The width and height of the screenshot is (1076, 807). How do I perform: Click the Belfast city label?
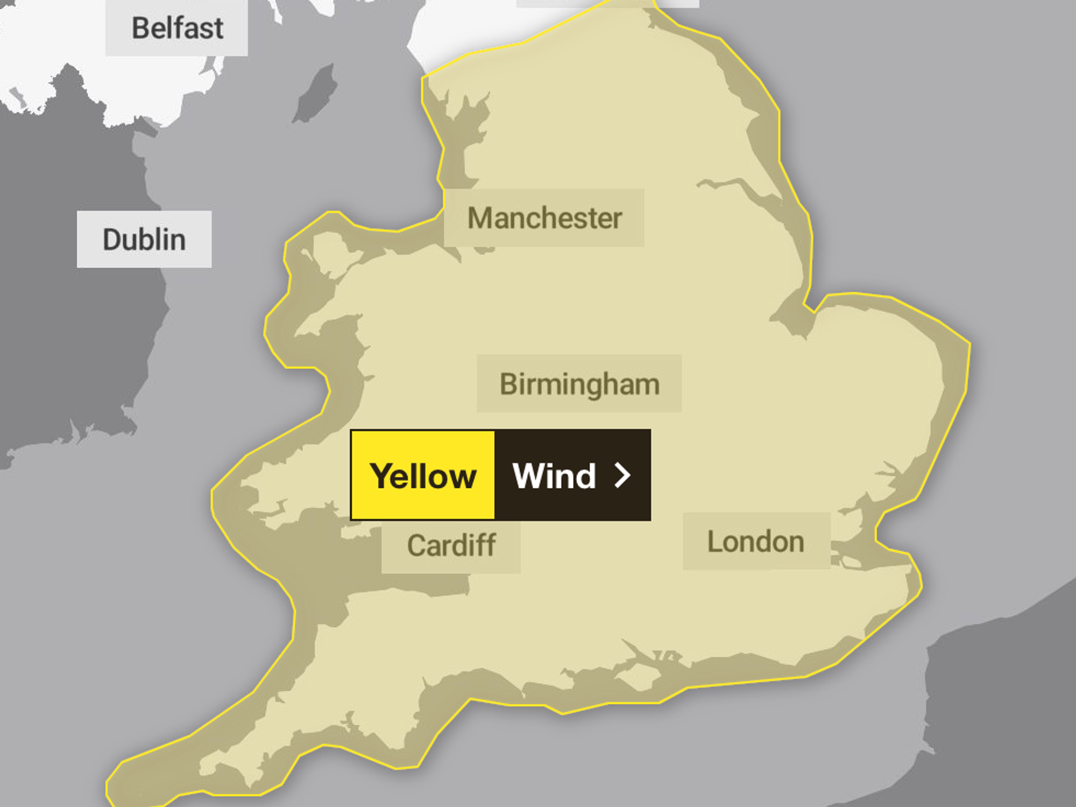click(x=177, y=28)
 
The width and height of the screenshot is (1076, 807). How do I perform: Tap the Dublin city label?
click(x=144, y=240)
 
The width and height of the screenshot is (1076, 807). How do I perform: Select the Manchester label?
click(x=544, y=218)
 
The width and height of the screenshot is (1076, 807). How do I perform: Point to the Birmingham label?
click(x=579, y=384)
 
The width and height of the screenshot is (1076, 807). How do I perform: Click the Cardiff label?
click(x=451, y=545)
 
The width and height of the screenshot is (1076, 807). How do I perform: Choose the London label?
click(x=756, y=542)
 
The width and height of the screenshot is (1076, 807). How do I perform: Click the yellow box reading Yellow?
click(x=423, y=475)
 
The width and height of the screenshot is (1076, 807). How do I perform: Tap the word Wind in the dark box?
click(x=554, y=476)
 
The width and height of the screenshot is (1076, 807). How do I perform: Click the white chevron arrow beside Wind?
click(x=622, y=476)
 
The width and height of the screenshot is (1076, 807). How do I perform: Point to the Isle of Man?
click(x=317, y=95)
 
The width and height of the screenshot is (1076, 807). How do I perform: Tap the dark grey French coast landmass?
click(x=1006, y=700)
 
